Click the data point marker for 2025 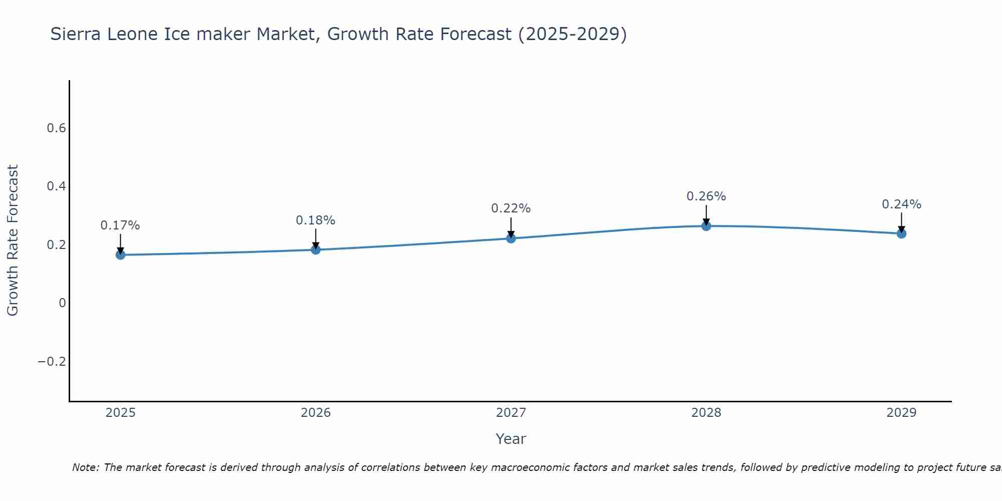(x=120, y=255)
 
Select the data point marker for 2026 (x=316, y=249)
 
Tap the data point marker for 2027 (x=511, y=238)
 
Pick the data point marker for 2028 (x=706, y=226)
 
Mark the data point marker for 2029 (x=901, y=233)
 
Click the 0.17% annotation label (x=120, y=225)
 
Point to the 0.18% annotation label (x=316, y=220)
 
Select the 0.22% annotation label (x=511, y=208)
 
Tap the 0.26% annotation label (x=706, y=196)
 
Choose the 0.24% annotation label (x=901, y=204)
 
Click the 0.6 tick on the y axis (x=56, y=128)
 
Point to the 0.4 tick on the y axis (x=56, y=186)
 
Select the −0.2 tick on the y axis (x=52, y=362)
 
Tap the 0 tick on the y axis (x=62, y=303)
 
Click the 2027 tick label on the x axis (x=511, y=413)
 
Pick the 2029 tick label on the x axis (x=901, y=413)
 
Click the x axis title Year (x=511, y=439)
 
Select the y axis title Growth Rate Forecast (x=13, y=240)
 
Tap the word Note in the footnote (x=85, y=467)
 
